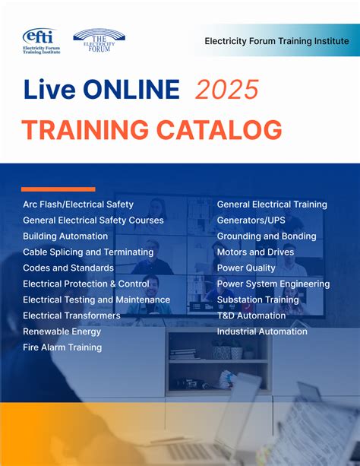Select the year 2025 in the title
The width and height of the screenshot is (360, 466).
pos(228,90)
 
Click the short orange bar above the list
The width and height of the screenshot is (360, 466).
pos(58,189)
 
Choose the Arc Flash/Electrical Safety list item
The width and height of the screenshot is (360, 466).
pos(78,204)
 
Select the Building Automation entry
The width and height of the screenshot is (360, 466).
pos(65,236)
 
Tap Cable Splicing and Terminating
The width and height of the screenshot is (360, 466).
pos(88,252)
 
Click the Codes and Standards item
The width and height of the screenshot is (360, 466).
pos(68,268)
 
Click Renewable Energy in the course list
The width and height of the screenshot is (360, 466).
pos(62,331)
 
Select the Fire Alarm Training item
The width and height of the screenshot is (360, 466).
pos(62,347)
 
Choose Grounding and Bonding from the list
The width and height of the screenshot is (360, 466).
pos(267,236)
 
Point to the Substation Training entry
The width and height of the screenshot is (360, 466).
pos(258,300)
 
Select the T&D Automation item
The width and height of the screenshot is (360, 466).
pos(251,315)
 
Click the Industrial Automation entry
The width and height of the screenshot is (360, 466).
pos(262,331)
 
